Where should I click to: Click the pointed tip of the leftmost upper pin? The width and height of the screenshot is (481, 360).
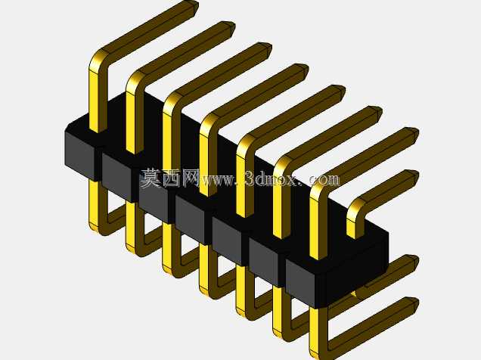[x=196, y=5]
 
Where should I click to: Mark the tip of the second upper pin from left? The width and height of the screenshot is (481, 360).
[x=232, y=26]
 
